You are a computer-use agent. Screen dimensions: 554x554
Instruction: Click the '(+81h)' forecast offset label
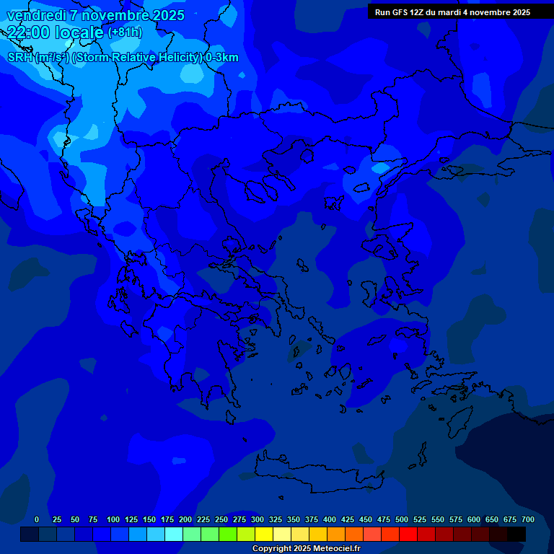tap(125, 32)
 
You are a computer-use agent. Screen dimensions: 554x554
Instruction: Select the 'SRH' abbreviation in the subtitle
tap(20, 58)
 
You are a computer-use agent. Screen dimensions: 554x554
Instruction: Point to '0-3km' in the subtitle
tap(221, 58)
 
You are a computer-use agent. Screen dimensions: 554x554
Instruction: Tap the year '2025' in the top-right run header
tap(516, 12)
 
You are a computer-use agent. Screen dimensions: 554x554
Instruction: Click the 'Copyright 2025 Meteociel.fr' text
tap(306, 549)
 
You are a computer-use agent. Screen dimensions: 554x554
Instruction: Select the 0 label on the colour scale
tap(37, 519)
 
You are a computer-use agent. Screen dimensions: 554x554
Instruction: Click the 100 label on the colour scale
tap(113, 519)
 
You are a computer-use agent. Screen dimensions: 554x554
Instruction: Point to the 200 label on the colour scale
tap(185, 519)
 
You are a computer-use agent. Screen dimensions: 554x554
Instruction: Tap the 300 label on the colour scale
tap(258, 519)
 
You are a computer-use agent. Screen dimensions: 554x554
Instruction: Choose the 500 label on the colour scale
tap(402, 519)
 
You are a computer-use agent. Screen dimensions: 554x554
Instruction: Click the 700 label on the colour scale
tap(527, 519)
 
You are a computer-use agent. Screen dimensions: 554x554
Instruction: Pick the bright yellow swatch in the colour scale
tap(264, 534)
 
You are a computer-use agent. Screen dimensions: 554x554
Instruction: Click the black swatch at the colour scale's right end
tap(516, 534)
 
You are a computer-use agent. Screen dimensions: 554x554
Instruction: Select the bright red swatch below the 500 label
tap(408, 534)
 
